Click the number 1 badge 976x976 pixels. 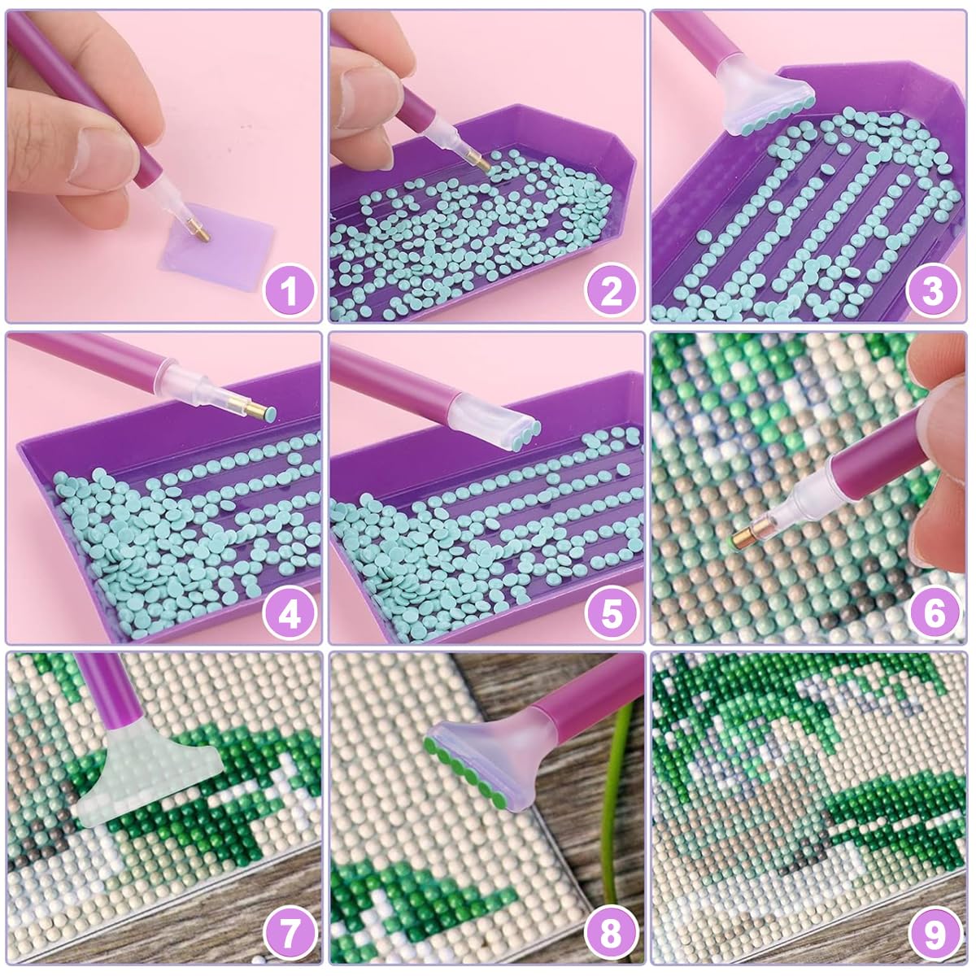(289, 292)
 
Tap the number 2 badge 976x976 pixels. (611, 292)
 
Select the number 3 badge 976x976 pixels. (933, 292)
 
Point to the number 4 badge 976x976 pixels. (289, 614)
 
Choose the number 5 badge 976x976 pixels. (611, 614)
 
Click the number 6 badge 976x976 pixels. (933, 614)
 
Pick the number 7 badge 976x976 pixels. (289, 935)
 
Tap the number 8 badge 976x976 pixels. (611, 935)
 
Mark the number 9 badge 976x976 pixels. (933, 935)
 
